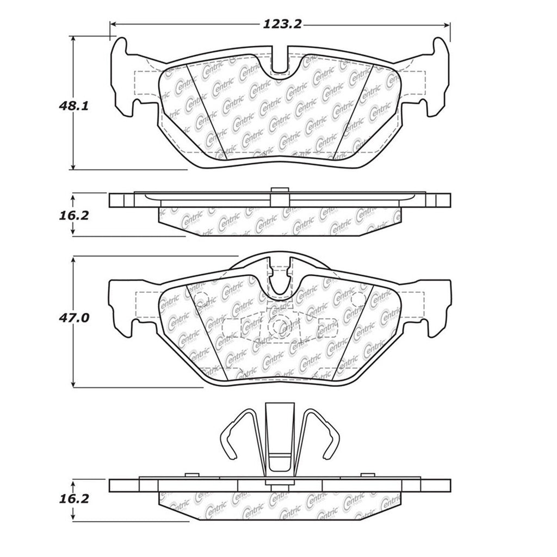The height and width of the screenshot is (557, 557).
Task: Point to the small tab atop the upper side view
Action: [x=279, y=190]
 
